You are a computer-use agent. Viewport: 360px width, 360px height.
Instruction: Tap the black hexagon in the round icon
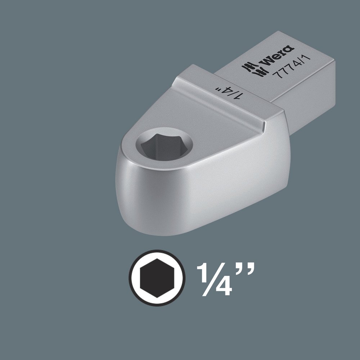point(157,278)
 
